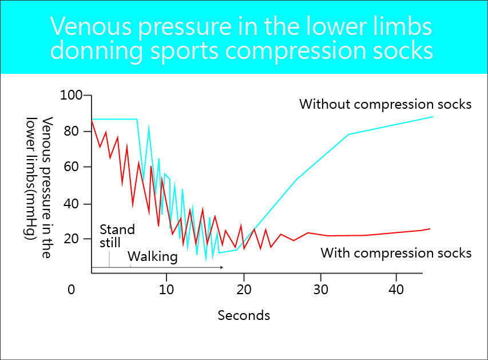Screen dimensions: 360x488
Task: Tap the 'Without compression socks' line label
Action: coord(385,104)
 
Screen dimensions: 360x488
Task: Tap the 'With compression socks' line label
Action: coord(396,252)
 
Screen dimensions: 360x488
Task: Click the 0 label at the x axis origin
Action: coord(71,290)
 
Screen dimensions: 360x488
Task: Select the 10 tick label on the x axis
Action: coord(166,290)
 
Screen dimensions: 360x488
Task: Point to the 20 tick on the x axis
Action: coord(244,290)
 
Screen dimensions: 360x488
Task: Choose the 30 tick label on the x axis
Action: coord(320,290)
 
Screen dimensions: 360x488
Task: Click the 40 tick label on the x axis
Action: coord(396,290)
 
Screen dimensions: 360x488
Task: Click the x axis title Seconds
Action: coord(244,315)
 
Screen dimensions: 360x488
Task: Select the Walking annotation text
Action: coord(152,256)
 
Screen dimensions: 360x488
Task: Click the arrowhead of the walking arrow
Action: coord(221,267)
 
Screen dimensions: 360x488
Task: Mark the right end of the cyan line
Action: coord(433,117)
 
